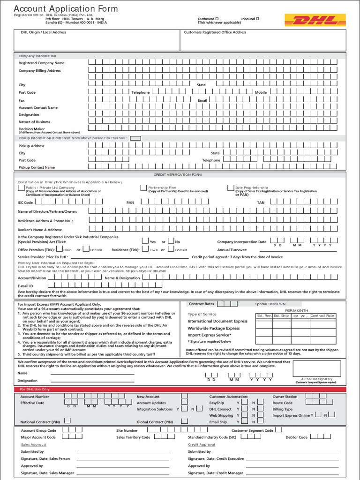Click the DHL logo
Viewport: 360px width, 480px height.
pos(315,20)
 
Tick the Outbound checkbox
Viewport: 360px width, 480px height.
pos(217,19)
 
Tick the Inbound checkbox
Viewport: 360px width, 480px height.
pos(257,19)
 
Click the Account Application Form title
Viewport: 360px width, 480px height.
pos(66,9)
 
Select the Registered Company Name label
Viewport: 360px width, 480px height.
pos(41,63)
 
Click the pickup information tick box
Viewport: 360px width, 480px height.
pos(135,138)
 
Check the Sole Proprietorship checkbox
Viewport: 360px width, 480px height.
pos(231,187)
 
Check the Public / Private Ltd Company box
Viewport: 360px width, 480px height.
pos(21,187)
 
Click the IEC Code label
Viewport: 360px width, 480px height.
pos(25,202)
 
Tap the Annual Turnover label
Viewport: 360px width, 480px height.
pos(232,250)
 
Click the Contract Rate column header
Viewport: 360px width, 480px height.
pos(322,316)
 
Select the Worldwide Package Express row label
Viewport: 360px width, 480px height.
pos(213,328)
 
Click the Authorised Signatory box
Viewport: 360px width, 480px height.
pos(316,370)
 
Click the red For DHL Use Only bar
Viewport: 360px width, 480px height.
pos(180,390)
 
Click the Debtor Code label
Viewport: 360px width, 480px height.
pos(296,437)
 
